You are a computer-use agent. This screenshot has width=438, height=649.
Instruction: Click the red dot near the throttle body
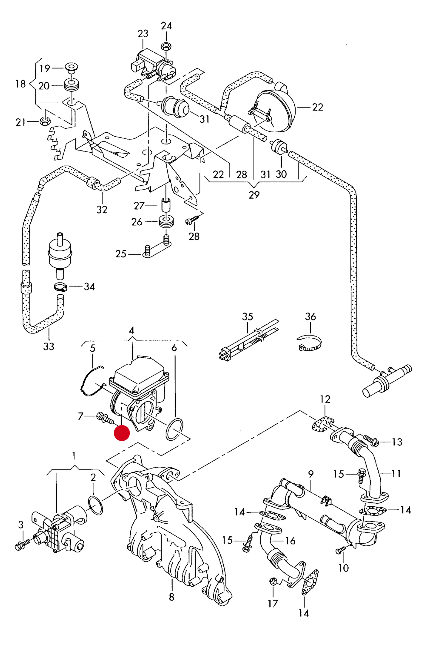point(122,433)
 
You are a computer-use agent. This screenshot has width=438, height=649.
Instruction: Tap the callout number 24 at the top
point(166,26)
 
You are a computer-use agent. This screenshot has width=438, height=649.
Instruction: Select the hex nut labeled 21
point(45,121)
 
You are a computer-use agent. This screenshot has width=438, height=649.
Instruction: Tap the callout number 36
point(310,317)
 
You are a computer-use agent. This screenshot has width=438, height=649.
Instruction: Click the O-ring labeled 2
point(95,505)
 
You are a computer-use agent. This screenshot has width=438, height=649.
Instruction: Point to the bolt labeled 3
point(22,545)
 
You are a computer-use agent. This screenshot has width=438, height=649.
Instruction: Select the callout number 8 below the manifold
point(172,597)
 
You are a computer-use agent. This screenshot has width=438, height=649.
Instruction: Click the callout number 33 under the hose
point(48,346)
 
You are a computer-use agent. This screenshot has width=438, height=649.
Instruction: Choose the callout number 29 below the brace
point(254,195)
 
